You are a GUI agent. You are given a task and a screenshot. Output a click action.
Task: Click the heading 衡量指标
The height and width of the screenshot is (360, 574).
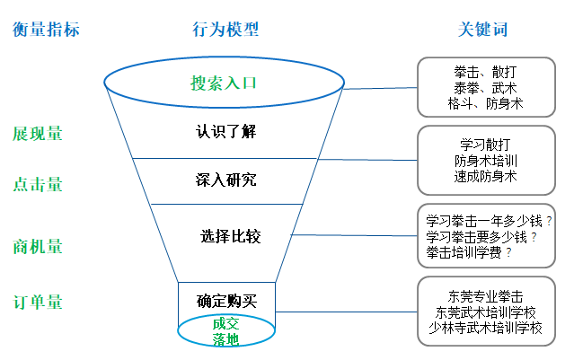[x=46, y=30]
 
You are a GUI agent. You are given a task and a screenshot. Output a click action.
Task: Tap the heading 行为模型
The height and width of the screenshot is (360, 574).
[x=225, y=30]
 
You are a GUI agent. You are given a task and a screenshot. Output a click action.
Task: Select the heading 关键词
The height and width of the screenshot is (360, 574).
[x=482, y=30]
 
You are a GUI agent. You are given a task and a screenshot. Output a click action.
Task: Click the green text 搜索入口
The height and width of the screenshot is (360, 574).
[x=224, y=83]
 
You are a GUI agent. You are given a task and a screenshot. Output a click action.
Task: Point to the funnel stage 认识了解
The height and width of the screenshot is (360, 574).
[x=226, y=131]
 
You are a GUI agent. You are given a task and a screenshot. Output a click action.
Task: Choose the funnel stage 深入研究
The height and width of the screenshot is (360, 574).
[x=226, y=180]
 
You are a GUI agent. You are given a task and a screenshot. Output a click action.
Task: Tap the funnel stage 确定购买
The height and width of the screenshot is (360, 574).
[x=226, y=301]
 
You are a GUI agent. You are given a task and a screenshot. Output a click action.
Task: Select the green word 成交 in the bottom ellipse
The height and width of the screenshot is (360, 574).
[x=226, y=323]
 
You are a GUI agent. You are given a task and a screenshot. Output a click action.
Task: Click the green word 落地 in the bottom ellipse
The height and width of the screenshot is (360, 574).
[x=226, y=339]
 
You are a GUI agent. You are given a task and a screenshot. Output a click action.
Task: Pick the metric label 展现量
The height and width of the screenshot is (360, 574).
[x=38, y=134]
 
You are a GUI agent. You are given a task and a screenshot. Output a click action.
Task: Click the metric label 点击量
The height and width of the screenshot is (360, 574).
[x=38, y=184]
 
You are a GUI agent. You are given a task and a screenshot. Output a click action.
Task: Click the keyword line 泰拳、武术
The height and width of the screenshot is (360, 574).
[x=485, y=88]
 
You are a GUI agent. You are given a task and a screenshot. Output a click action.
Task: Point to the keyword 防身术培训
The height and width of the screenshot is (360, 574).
[x=485, y=161]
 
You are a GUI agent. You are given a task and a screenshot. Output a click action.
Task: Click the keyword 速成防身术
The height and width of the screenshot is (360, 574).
[x=485, y=177]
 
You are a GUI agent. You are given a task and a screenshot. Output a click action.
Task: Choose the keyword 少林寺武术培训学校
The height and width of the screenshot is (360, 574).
[x=486, y=328]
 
